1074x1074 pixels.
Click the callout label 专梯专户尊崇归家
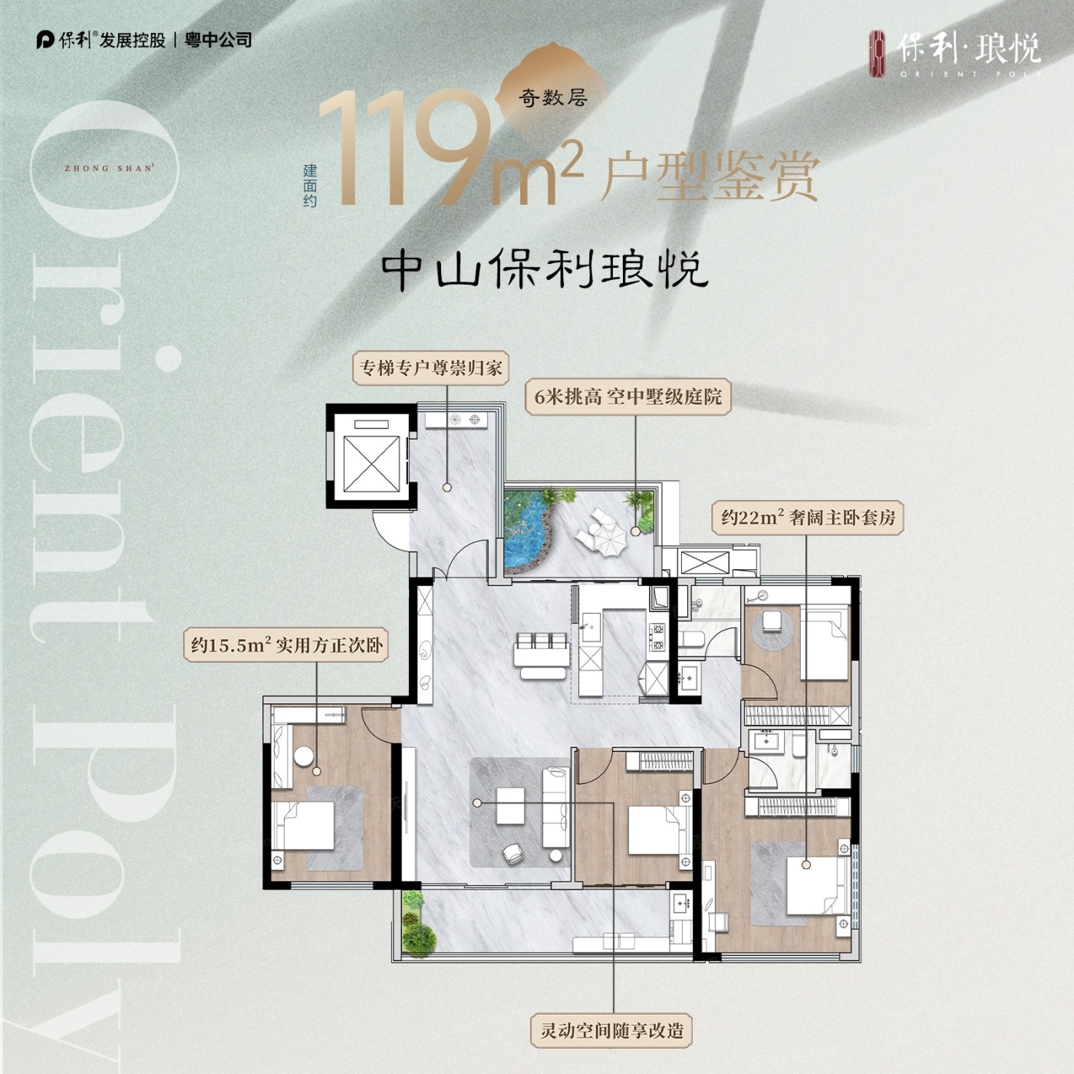[x=431, y=368]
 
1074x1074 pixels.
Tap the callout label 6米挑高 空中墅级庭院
[x=628, y=397]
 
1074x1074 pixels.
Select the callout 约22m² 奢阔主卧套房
[x=808, y=518]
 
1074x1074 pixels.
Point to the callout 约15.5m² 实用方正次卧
[x=286, y=645]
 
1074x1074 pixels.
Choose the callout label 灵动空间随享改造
[x=611, y=1030]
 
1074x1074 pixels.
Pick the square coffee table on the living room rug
[x=510, y=806]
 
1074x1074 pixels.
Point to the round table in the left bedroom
[x=304, y=756]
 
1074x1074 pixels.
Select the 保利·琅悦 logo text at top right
[x=969, y=48]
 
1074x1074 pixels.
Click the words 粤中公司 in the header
[x=219, y=40]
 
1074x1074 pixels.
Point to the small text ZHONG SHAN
[x=108, y=168]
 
